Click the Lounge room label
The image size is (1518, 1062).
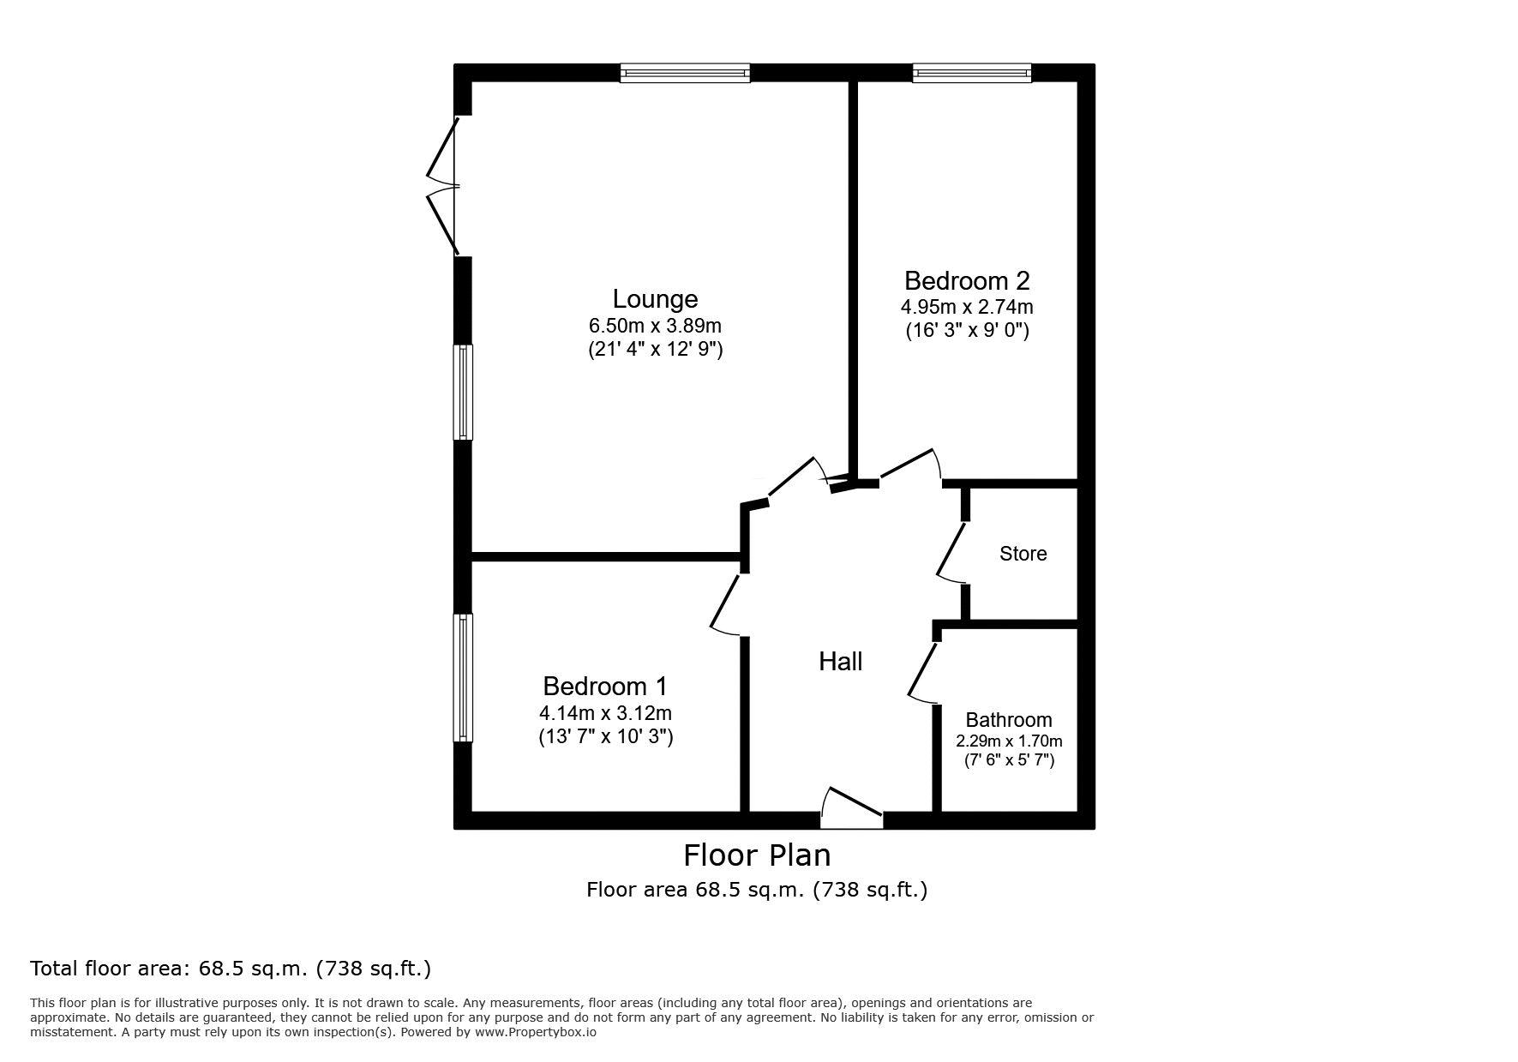[x=655, y=299]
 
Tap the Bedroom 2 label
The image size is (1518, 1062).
[x=967, y=280]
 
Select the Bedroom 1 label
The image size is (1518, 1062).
[x=605, y=686]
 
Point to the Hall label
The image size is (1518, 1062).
[x=841, y=661]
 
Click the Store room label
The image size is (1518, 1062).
[x=1023, y=554]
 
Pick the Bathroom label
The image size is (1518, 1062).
[x=1009, y=720]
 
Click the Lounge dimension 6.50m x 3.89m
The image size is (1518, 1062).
[x=655, y=326]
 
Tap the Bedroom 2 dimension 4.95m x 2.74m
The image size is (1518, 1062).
[x=967, y=307]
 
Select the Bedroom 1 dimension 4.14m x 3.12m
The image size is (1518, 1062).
[x=605, y=712]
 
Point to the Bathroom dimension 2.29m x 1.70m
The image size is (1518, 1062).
[x=1009, y=741]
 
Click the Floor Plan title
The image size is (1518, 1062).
[x=757, y=855]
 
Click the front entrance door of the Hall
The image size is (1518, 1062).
[x=852, y=808]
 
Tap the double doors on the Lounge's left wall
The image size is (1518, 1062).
[x=444, y=186]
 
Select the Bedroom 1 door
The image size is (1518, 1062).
[x=727, y=604]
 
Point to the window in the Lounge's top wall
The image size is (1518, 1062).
[x=685, y=73]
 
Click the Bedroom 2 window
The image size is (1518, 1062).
[x=972, y=73]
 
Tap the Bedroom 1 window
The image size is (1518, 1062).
[x=463, y=677]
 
